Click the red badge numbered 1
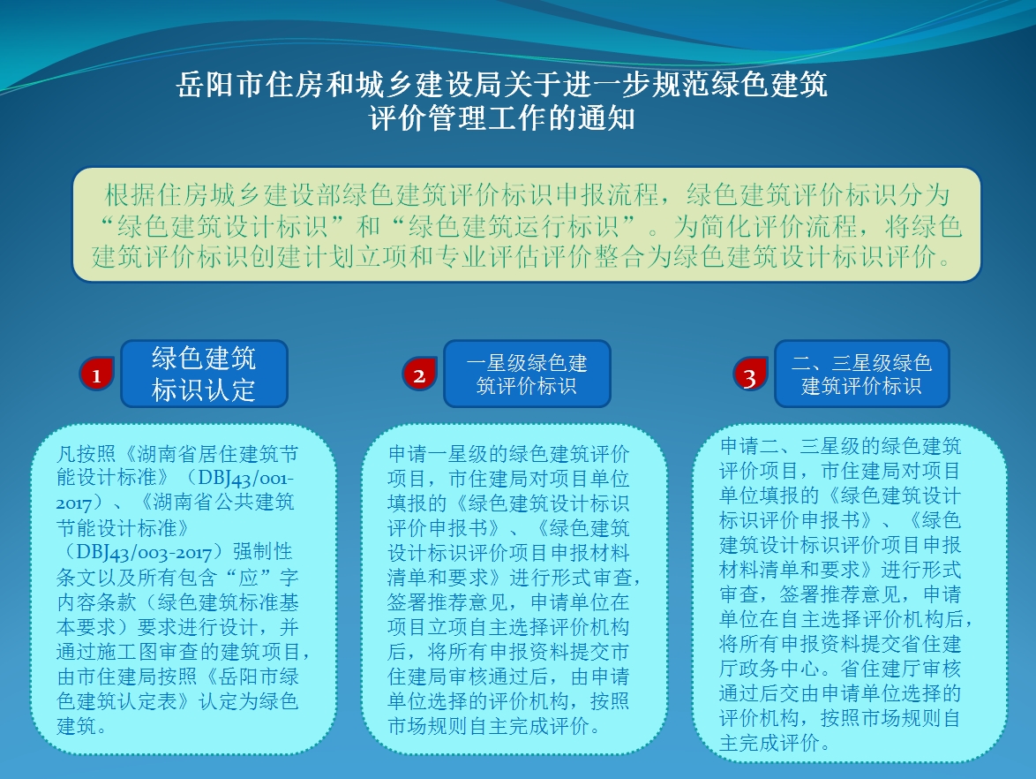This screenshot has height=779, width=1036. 96,374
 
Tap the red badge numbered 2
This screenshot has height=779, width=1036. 419,374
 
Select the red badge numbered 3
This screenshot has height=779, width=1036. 750,374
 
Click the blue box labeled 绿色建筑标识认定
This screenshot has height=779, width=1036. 204,374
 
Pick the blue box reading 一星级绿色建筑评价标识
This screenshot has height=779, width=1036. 527,374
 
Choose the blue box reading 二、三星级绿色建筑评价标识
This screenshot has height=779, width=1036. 861,374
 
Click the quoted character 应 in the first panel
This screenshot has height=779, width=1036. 249,578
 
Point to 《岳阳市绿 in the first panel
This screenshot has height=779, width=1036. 249,676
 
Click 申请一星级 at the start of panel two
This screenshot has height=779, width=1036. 438,454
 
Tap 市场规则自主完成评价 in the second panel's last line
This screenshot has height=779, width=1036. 488,725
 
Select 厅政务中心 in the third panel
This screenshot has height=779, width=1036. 769,668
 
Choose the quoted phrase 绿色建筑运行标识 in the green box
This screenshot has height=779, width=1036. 514,226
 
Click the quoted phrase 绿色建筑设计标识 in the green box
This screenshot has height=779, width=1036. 222,226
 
